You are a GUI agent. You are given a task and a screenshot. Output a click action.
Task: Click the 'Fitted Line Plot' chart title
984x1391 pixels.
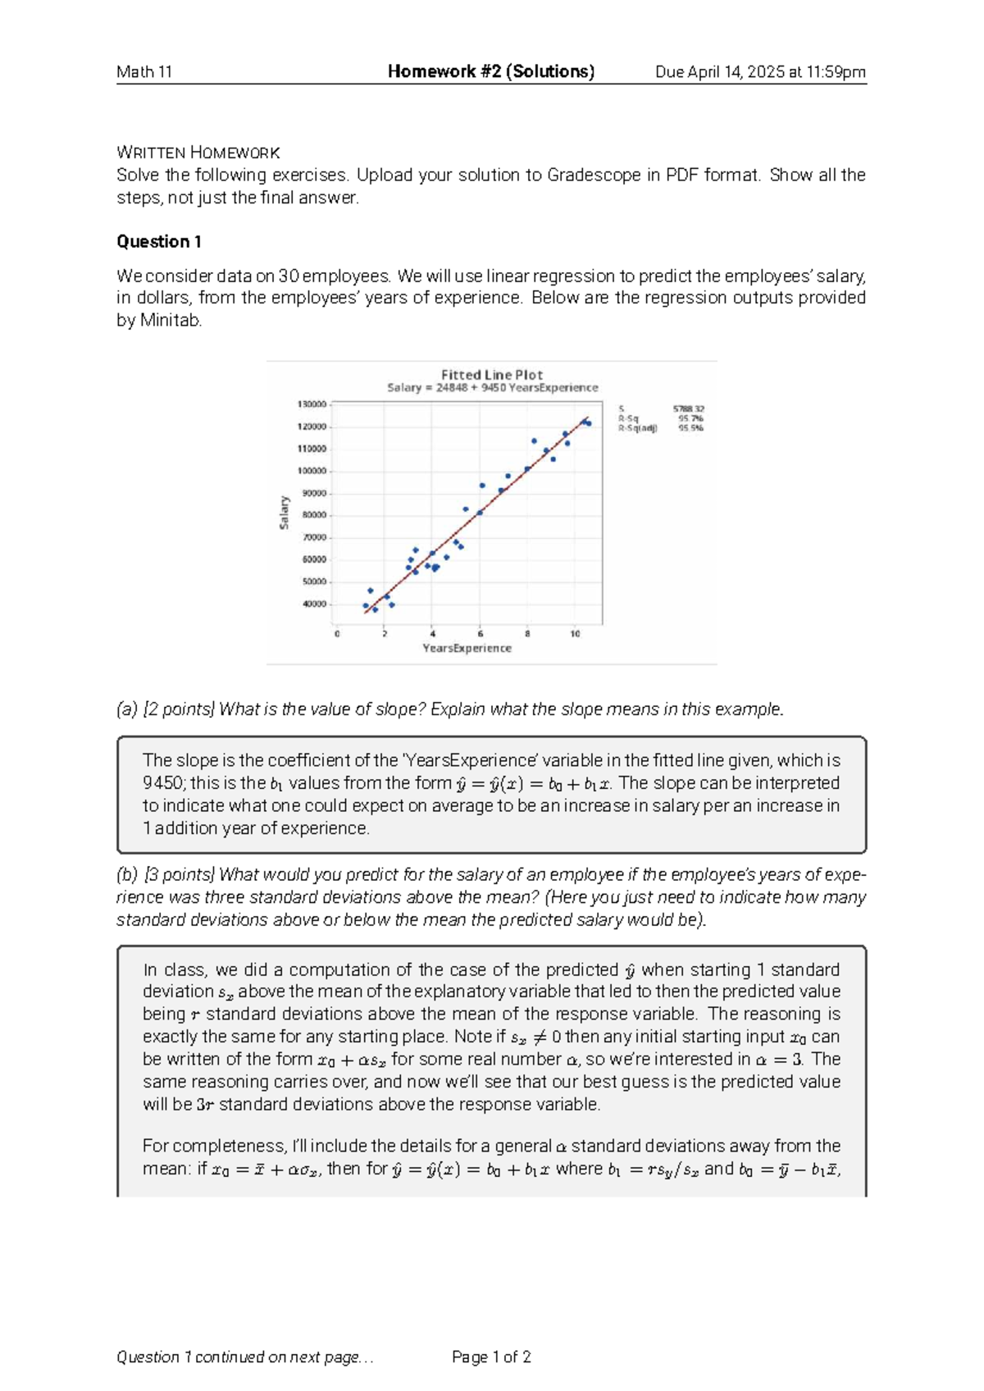pos(492,375)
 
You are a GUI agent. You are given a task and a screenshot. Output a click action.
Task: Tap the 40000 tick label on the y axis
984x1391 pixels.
pos(314,604)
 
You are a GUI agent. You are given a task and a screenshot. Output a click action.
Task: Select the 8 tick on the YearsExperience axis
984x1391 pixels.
pos(527,634)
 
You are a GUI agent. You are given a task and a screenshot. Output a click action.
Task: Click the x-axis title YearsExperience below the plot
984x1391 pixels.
pos(467,648)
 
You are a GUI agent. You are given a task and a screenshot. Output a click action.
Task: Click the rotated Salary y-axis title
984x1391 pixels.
pos(285,513)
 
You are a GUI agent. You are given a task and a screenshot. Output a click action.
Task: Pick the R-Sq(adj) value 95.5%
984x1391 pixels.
pos(690,428)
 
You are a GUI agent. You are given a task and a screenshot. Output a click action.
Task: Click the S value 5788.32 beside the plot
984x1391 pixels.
pos(688,408)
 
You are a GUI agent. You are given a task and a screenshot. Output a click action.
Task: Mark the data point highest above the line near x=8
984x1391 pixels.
pos(534,441)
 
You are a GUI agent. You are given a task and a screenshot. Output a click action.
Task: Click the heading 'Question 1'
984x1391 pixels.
pos(158,241)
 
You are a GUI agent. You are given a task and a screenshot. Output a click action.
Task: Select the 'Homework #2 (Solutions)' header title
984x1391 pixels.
pos(491,71)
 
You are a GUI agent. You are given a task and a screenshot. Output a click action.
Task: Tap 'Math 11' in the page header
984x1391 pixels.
pos(144,72)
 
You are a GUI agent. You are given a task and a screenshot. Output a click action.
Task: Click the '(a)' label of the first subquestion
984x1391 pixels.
pos(127,709)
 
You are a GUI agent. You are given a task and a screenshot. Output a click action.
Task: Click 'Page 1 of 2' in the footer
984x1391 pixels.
pos(491,1357)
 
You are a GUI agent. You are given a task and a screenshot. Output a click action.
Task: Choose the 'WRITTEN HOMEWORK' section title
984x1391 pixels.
pos(198,153)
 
